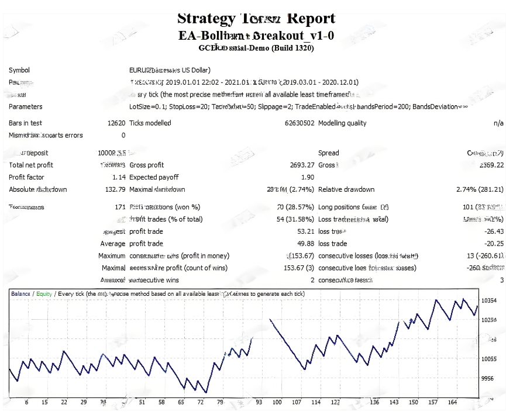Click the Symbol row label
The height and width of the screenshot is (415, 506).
click(19, 70)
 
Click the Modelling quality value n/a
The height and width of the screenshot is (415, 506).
click(498, 123)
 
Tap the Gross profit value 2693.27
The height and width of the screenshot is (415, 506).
click(302, 165)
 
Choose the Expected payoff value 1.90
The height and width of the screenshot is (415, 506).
click(308, 177)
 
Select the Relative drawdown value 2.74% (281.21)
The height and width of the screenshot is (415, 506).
click(480, 189)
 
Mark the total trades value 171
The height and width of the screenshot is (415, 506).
click(121, 207)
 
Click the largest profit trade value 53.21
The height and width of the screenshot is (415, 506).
click(305, 231)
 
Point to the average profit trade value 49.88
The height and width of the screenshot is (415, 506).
click(305, 244)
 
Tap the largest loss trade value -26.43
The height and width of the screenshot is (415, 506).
click(494, 231)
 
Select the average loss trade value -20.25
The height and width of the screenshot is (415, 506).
click(494, 244)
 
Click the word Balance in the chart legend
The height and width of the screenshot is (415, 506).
click(21, 294)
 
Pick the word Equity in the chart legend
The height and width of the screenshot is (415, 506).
click(44, 294)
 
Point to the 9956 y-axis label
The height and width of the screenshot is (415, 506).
click(487, 379)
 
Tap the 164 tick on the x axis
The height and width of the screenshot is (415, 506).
click(452, 402)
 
